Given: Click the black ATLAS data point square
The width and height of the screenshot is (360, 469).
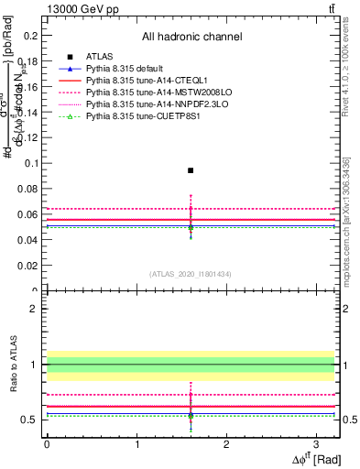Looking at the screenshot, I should click(x=191, y=170).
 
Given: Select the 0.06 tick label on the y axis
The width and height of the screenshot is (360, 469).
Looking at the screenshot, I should click(x=28, y=214).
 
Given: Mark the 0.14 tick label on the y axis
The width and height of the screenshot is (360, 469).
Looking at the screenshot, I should click(x=28, y=112).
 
